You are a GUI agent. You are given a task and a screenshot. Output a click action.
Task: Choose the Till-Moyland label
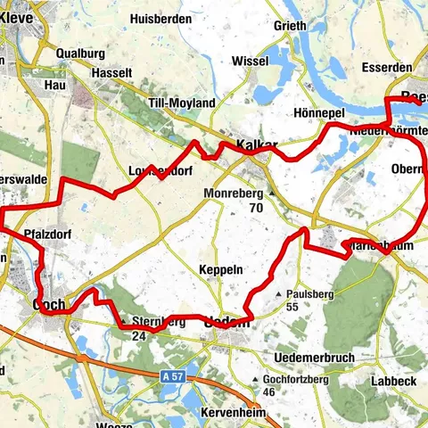[182, 103]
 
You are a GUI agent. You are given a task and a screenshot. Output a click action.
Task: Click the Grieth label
[291, 25]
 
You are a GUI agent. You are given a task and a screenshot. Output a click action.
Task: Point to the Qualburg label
[80, 53]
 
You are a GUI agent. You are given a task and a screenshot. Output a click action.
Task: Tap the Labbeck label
[394, 381]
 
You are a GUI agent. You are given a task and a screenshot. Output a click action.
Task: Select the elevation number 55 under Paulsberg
[292, 306]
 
